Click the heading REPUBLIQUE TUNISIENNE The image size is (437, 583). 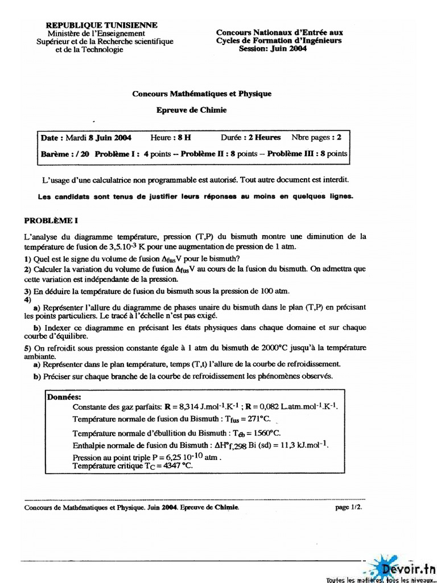pyautogui.click(x=101, y=25)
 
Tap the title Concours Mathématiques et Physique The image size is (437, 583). pyautogui.click(x=202, y=93)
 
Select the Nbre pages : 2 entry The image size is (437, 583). pyautogui.click(x=316, y=138)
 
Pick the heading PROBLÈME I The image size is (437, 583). pyautogui.click(x=49, y=220)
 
